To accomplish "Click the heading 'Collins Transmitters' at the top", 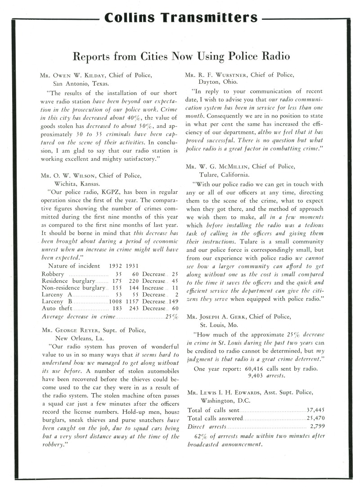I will coord(180,18).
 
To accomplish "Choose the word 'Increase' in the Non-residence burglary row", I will coord(153,287).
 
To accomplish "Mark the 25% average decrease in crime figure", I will coord(172,318).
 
